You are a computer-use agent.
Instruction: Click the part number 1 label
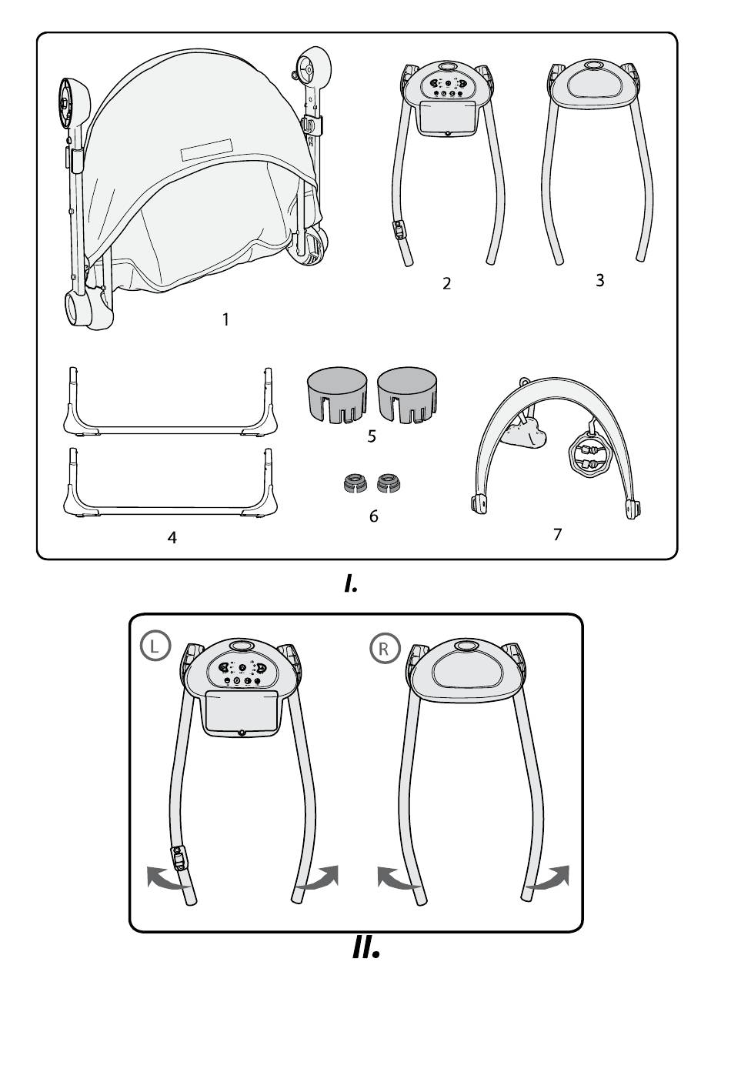(x=225, y=320)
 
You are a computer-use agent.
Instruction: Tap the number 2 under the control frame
(x=446, y=284)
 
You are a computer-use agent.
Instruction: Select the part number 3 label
(x=600, y=280)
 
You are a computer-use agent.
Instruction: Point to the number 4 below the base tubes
(x=172, y=538)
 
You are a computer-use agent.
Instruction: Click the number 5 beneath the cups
(x=372, y=436)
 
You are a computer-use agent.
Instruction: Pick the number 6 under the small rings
(x=374, y=516)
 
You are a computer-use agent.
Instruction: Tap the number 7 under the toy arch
(x=558, y=534)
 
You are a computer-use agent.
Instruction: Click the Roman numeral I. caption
(x=351, y=583)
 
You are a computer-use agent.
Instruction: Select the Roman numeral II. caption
(x=365, y=948)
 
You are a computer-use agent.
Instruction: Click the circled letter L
(x=155, y=646)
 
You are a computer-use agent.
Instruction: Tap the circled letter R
(x=385, y=649)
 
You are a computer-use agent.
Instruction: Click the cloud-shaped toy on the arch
(x=524, y=433)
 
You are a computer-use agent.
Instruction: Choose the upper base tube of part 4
(x=170, y=430)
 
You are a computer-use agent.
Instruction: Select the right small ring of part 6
(x=389, y=483)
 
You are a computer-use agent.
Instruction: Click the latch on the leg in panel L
(x=179, y=858)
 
